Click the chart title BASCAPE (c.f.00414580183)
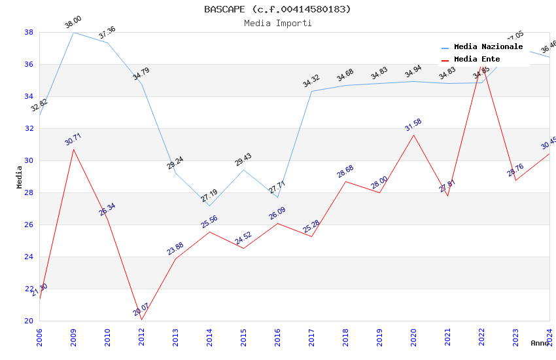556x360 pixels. (277, 9)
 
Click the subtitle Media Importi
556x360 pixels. (277, 24)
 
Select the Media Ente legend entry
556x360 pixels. (477, 60)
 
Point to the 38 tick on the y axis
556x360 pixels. (29, 32)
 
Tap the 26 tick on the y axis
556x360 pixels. (29, 225)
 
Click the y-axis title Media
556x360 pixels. (20, 177)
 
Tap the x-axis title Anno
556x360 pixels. (540, 343)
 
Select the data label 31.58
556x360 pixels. (413, 125)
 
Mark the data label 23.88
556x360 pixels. (175, 249)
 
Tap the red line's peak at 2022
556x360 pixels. (482, 66)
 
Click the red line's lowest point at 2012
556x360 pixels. (141, 319)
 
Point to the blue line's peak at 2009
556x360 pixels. (73, 32)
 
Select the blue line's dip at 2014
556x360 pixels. (209, 206)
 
